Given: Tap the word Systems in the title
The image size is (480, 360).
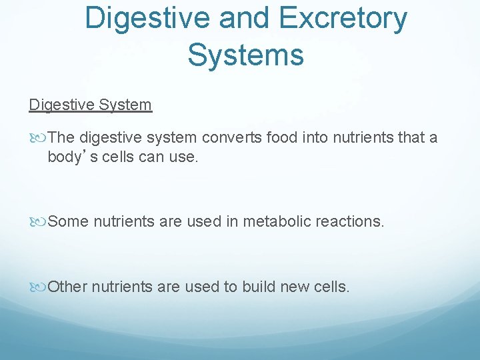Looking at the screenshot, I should click(245, 54).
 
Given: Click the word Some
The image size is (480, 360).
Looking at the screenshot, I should click(68, 221).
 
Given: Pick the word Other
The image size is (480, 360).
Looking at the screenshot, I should click(67, 287).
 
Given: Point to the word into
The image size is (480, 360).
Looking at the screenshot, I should click(317, 138).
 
